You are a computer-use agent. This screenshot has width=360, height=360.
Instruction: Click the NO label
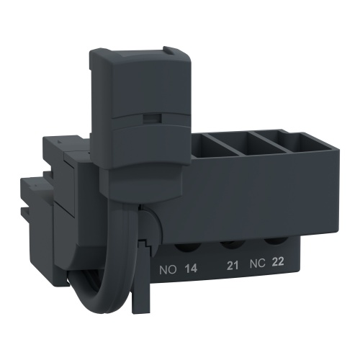166,270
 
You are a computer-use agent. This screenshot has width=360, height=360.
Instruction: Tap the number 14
192,270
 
